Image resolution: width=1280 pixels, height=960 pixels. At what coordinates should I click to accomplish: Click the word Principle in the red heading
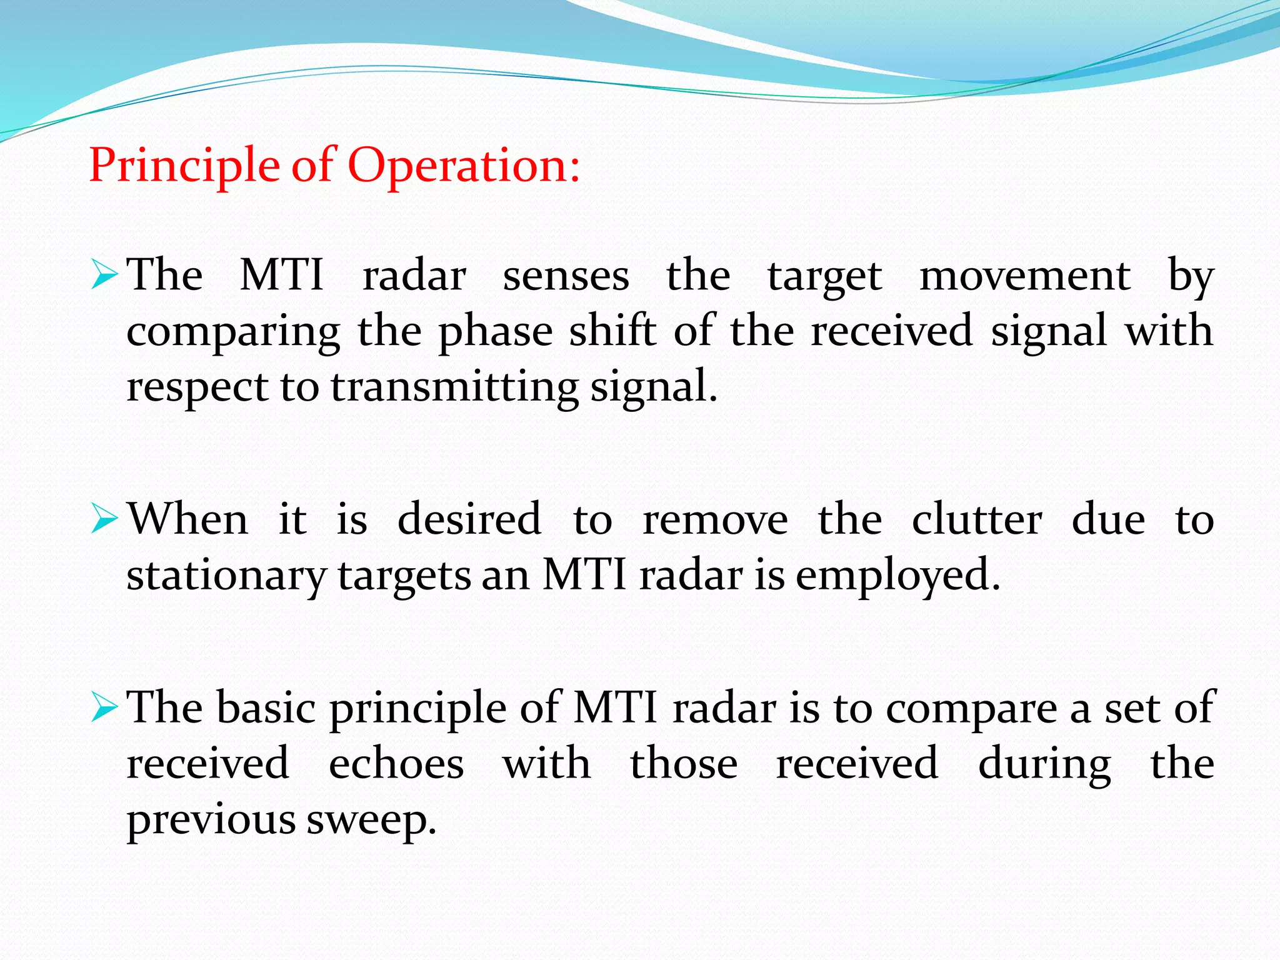pyautogui.click(x=185, y=166)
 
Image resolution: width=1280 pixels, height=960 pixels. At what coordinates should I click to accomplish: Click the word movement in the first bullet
pyautogui.click(x=1025, y=276)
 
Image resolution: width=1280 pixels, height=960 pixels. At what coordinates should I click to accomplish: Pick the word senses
pyautogui.click(x=566, y=276)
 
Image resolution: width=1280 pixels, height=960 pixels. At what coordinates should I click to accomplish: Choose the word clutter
pyautogui.click(x=977, y=519)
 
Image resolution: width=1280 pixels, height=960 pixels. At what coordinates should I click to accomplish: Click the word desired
pyautogui.click(x=469, y=519)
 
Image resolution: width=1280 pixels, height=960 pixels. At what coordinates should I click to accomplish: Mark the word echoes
pyautogui.click(x=396, y=764)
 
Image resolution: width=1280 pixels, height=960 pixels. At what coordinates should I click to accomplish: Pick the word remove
pyautogui.click(x=716, y=521)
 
